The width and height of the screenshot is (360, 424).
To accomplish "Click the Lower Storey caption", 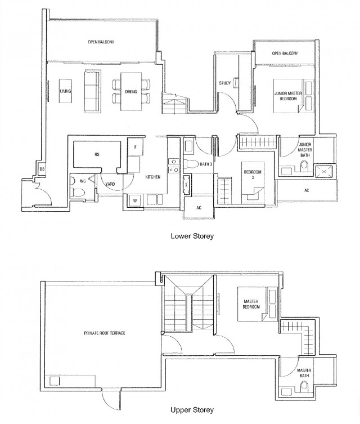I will point(192,236).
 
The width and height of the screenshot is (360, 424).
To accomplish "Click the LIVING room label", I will point(65,91).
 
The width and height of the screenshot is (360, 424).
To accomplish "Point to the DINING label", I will point(132,91).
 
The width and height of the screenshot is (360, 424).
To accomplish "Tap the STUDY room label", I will point(225,84).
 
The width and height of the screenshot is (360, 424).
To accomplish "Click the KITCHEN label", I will point(154,177).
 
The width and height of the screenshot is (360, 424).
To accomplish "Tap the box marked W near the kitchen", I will point(135,200).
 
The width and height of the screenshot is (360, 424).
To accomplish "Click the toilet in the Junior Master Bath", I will point(304,167).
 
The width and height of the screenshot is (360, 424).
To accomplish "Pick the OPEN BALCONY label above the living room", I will point(101,41).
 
